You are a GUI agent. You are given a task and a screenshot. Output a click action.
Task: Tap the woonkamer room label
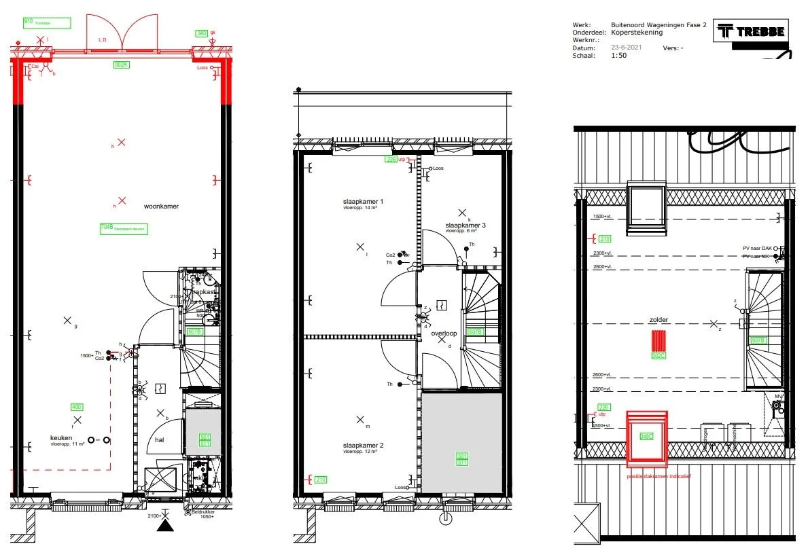point(161,206)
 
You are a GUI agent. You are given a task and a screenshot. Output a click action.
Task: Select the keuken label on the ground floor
point(60,438)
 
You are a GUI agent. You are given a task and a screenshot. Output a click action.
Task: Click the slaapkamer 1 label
point(363,202)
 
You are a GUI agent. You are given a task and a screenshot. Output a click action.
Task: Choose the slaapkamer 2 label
point(363,445)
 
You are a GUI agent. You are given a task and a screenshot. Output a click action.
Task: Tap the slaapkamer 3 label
point(466,225)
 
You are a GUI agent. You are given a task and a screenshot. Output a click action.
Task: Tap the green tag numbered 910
point(29,22)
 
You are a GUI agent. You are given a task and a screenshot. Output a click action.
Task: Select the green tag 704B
point(106,228)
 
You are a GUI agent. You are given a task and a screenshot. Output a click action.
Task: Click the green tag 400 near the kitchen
point(77,407)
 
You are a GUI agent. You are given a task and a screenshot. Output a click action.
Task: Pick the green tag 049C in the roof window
point(646,436)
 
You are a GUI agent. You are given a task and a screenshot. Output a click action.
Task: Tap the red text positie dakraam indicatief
point(658,476)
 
